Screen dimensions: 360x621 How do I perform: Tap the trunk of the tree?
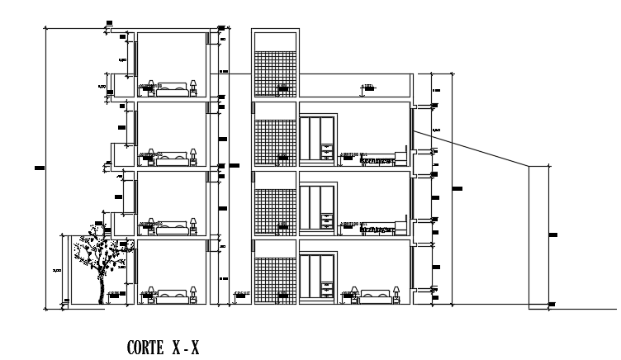pos(102,285)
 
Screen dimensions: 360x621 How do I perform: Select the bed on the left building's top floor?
pos(173,85)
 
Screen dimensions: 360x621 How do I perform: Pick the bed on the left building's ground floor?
pos(173,294)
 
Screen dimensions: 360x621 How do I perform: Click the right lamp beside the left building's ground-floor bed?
pos(193,292)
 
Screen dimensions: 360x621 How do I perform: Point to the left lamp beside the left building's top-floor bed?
pos(154,84)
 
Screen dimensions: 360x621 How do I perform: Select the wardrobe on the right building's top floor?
pos(317,138)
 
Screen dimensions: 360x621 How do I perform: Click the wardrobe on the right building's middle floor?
pos(317,207)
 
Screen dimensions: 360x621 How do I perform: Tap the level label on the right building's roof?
pos(368,87)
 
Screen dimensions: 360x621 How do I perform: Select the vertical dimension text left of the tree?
pos(56,271)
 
